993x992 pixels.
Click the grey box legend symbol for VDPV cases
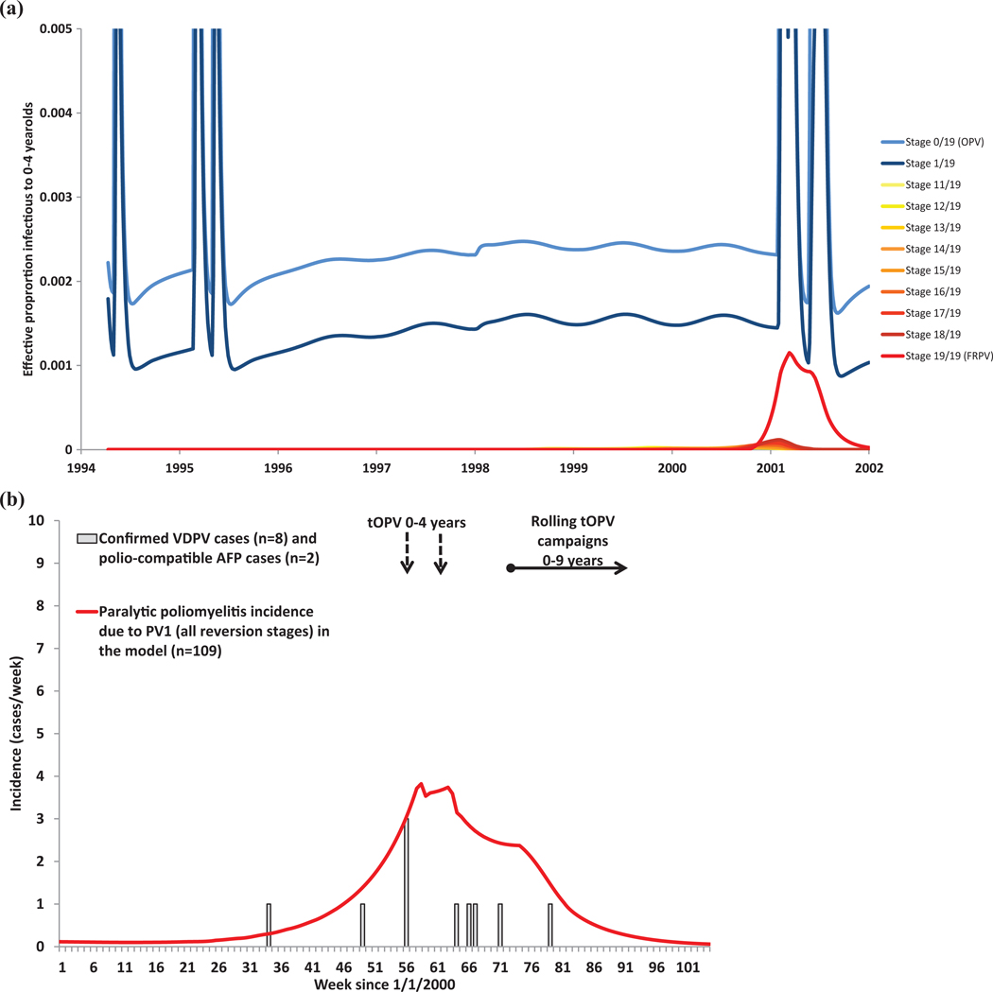[86, 538]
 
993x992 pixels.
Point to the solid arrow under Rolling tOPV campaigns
[568, 568]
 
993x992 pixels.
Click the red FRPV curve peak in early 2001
[789, 353]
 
